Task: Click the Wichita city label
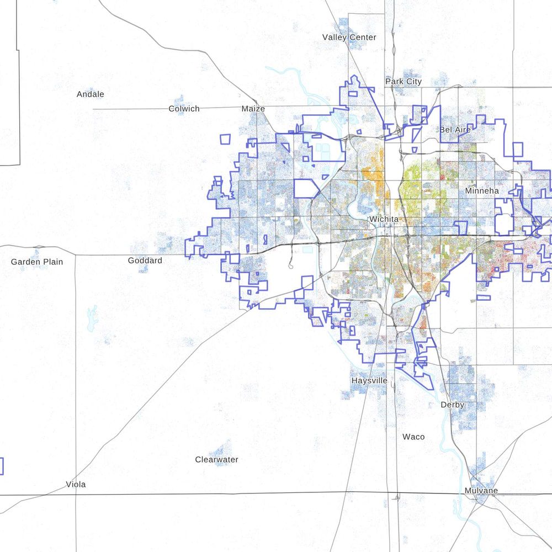[x=384, y=219]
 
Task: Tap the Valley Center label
[x=349, y=37]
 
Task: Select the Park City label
[x=403, y=81]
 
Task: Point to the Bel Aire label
[x=455, y=129]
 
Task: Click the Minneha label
[x=481, y=190]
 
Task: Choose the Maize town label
[x=253, y=109]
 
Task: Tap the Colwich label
[x=184, y=109]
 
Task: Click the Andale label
[x=90, y=94]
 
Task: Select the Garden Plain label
[x=37, y=262]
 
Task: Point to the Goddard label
[x=145, y=260]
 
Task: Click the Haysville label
[x=369, y=381]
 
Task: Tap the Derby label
[x=452, y=405]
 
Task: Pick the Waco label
[x=413, y=437]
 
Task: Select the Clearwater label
[x=216, y=459]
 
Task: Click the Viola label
[x=76, y=484]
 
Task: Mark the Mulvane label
[x=481, y=490]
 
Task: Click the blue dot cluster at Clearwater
[x=223, y=449]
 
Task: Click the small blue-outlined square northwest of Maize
[x=225, y=139]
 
